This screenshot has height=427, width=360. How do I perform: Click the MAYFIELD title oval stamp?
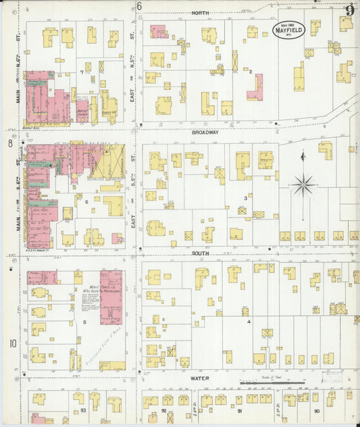click(x=288, y=30)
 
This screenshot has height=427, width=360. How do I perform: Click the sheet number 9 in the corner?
click(x=350, y=10)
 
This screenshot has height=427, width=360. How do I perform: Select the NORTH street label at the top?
click(x=200, y=13)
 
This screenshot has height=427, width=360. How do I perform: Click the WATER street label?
click(x=199, y=378)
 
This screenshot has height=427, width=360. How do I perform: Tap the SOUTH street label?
click(x=200, y=253)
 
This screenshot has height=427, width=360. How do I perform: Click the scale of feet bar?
click(x=270, y=385)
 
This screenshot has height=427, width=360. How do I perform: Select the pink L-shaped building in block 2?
click(x=255, y=88)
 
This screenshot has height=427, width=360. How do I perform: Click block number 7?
click(x=82, y=72)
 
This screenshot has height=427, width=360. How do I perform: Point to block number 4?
click(x=249, y=322)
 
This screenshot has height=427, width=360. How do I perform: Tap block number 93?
click(x=83, y=410)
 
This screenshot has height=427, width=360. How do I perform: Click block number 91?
click(x=238, y=410)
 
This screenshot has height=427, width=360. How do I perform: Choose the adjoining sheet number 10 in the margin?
click(x=12, y=343)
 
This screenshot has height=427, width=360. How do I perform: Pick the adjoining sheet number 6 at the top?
click(x=139, y=7)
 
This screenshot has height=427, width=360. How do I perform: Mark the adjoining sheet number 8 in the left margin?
click(x=10, y=143)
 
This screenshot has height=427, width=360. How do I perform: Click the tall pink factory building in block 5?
click(x=110, y=297)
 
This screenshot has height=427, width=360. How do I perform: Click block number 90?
click(x=317, y=410)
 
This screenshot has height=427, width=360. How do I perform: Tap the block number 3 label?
click(x=246, y=198)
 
